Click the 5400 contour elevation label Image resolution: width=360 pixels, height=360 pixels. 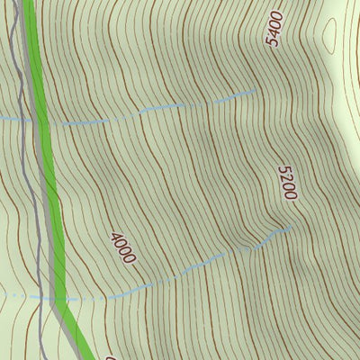click(274, 29)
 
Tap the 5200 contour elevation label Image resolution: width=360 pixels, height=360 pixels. click(287, 183)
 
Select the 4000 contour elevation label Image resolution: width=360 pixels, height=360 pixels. click(122, 247)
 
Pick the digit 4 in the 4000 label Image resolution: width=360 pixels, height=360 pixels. click(115, 238)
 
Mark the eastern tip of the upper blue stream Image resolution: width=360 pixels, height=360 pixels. click(258, 89)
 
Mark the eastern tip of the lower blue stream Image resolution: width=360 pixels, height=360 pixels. click(292, 229)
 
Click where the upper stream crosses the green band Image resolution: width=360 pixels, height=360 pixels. click(41, 121)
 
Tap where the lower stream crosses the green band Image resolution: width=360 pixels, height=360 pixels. click(59, 297)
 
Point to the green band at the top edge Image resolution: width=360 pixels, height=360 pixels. click(27, 3)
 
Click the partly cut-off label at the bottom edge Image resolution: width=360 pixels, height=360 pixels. click(111, 356)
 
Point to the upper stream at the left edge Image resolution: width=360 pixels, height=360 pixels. click(2, 118)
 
